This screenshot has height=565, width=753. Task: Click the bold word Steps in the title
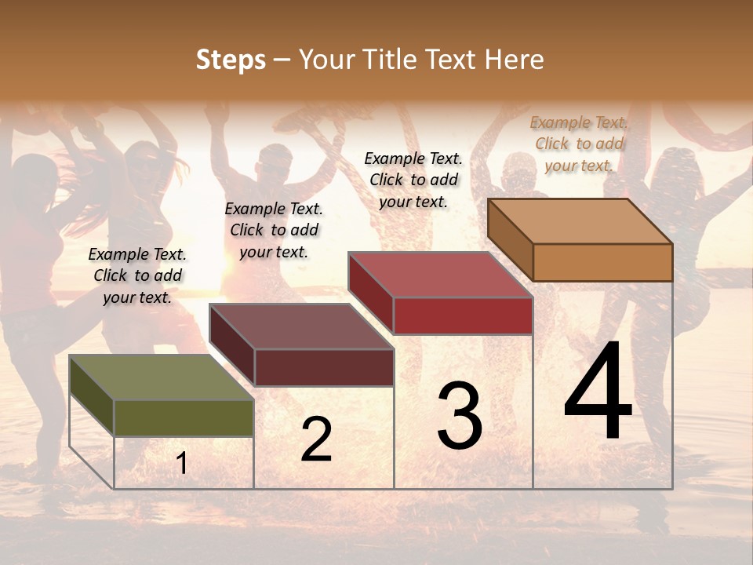tap(231, 60)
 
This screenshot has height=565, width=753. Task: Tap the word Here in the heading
tap(514, 60)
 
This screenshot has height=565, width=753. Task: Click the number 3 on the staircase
tap(459, 416)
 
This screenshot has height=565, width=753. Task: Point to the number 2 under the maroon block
tap(316, 439)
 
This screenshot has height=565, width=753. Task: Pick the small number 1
tap(181, 464)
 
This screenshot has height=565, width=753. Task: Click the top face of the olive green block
tap(161, 377)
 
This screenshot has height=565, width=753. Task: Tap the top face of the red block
tap(441, 275)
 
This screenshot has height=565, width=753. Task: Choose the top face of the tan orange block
tap(580, 221)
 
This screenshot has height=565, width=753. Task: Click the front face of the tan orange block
tap(602, 262)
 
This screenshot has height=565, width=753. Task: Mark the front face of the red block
tap(463, 315)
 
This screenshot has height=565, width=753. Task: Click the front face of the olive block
tap(184, 417)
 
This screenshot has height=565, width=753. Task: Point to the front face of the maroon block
tap(323, 367)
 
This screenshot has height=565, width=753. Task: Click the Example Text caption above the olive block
tap(137, 275)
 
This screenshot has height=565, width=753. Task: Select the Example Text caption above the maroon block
tap(274, 230)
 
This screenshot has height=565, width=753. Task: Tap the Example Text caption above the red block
tap(413, 180)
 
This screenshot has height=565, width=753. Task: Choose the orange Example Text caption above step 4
tap(579, 144)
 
